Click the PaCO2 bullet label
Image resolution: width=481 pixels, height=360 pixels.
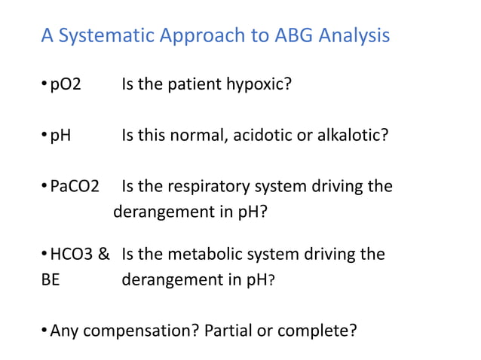(x=75, y=186)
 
